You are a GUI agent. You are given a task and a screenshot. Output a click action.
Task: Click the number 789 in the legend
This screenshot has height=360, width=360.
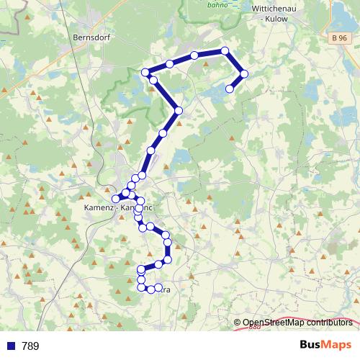pyautogui.click(x=30, y=346)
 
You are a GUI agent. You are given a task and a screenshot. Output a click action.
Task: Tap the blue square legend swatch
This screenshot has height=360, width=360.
pyautogui.click(x=11, y=346)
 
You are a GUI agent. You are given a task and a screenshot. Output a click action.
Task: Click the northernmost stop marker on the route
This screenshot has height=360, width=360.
pyautogui.click(x=225, y=50)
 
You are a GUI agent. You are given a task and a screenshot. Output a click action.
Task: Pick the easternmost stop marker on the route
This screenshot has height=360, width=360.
pyautogui.click(x=244, y=73)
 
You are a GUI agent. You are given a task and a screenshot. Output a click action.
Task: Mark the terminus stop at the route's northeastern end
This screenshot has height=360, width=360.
pyautogui.click(x=230, y=89)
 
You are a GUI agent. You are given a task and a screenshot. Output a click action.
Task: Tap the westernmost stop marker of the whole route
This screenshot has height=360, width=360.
pyautogui.click(x=115, y=198)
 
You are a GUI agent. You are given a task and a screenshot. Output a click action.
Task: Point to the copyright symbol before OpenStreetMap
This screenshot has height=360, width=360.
pyautogui.click(x=238, y=323)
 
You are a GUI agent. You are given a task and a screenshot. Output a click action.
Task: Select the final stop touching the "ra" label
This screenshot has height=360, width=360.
pyautogui.click(x=158, y=288)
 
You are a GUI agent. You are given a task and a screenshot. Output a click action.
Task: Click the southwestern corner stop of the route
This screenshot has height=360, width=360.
pyautogui.click(x=141, y=287)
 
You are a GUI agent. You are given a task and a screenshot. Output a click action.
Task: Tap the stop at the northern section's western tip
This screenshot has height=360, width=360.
pyautogui.click(x=145, y=72)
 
